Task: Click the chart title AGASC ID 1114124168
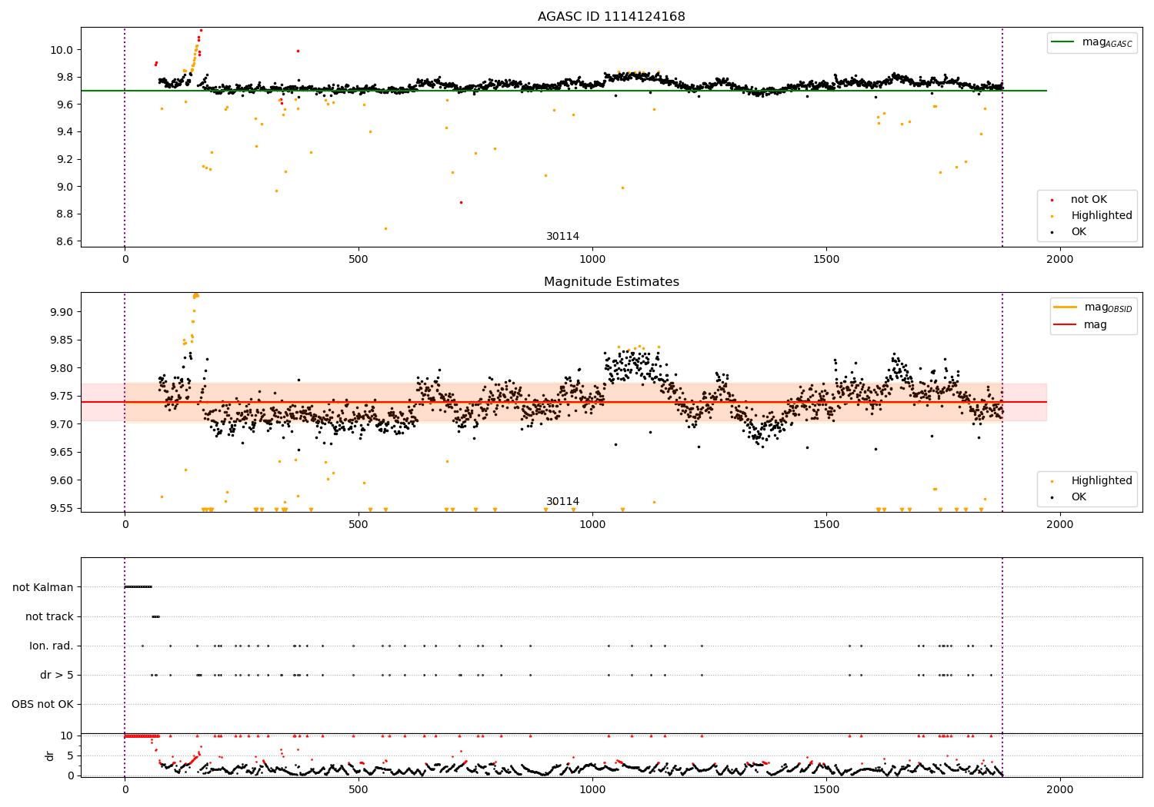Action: pos(611,17)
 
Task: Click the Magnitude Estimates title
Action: pos(611,282)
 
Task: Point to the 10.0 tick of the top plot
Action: pos(62,50)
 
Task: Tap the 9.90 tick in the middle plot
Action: pos(62,312)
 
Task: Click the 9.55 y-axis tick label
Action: pos(62,508)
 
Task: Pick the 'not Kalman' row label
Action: pos(43,587)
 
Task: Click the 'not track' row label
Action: pos(49,616)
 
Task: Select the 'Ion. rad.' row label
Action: pos(52,646)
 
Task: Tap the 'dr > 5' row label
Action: pos(57,675)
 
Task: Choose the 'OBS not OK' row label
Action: pos(42,704)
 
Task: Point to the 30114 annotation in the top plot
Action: pos(562,237)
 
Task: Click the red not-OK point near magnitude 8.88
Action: pos(461,202)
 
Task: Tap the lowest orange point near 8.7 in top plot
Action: pos(385,228)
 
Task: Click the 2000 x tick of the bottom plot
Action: pos(1060,790)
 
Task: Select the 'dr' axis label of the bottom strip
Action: pos(50,756)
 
